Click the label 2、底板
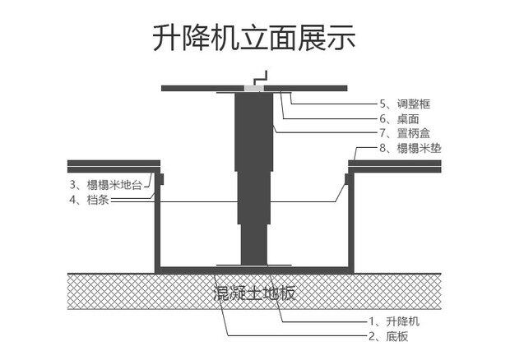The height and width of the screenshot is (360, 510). point(392,337)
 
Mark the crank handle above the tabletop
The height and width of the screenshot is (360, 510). point(261,79)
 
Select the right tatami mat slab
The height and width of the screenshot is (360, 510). point(395,166)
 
